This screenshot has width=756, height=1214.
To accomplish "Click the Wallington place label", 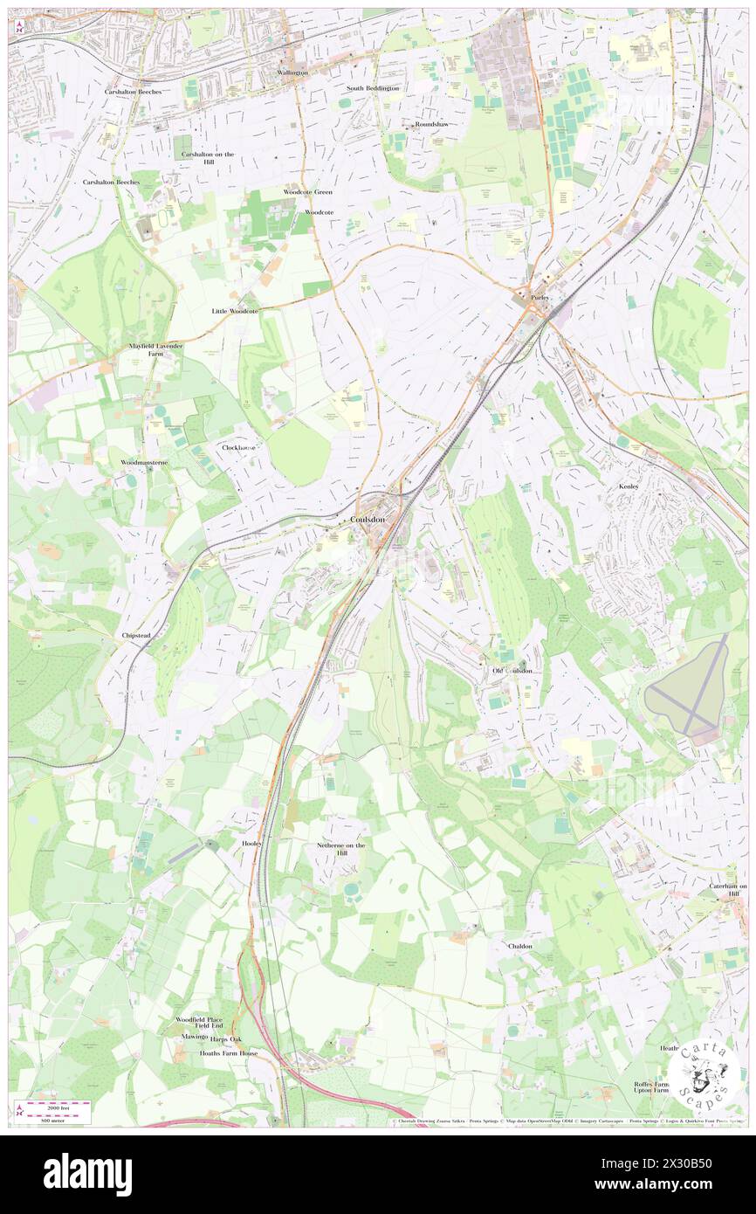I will click(292, 72).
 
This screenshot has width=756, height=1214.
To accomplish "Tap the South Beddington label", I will click(372, 88).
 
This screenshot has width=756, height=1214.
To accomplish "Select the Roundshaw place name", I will click(431, 124).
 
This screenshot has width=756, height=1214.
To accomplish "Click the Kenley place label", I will click(629, 486).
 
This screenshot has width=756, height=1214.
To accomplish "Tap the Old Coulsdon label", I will click(511, 670).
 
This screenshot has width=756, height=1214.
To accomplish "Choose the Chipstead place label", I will click(137, 636).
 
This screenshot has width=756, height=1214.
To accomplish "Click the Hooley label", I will click(251, 844).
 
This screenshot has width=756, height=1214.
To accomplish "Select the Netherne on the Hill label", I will click(340, 849).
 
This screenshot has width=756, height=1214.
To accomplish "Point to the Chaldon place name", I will click(519, 946).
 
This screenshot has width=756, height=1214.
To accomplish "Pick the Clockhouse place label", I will click(238, 447).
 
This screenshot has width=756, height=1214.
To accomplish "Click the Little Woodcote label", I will click(235, 311).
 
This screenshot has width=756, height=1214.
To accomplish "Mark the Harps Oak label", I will click(226, 1038).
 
